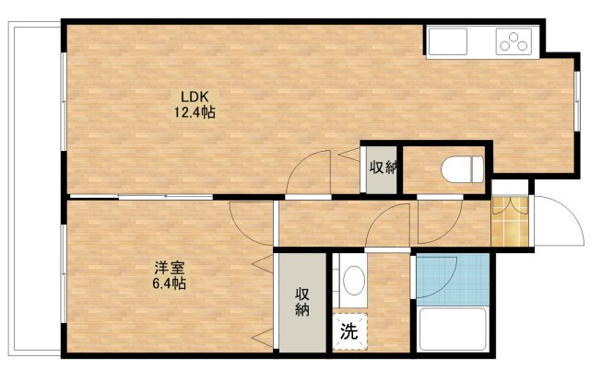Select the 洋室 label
pyautogui.click(x=169, y=268)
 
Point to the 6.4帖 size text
pyautogui.click(x=169, y=284)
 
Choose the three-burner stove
pyautogui.click(x=515, y=40)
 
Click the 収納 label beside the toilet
pyautogui.click(x=383, y=167)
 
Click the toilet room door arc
pyautogui.click(x=438, y=219)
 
